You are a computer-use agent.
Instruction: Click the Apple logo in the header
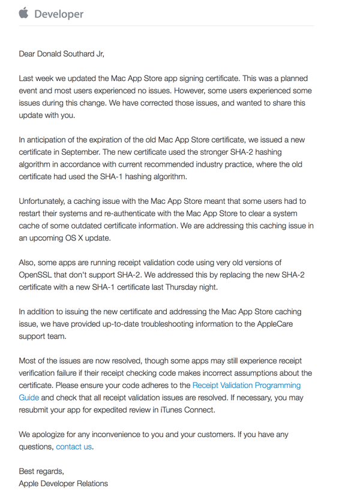tap(25, 13)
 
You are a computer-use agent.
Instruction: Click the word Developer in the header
tap(59, 14)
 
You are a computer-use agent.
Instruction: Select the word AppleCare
tap(277, 324)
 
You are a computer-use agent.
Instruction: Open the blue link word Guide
tap(29, 397)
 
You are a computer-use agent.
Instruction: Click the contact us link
tap(74, 446)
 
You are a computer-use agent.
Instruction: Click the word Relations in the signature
tap(92, 483)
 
